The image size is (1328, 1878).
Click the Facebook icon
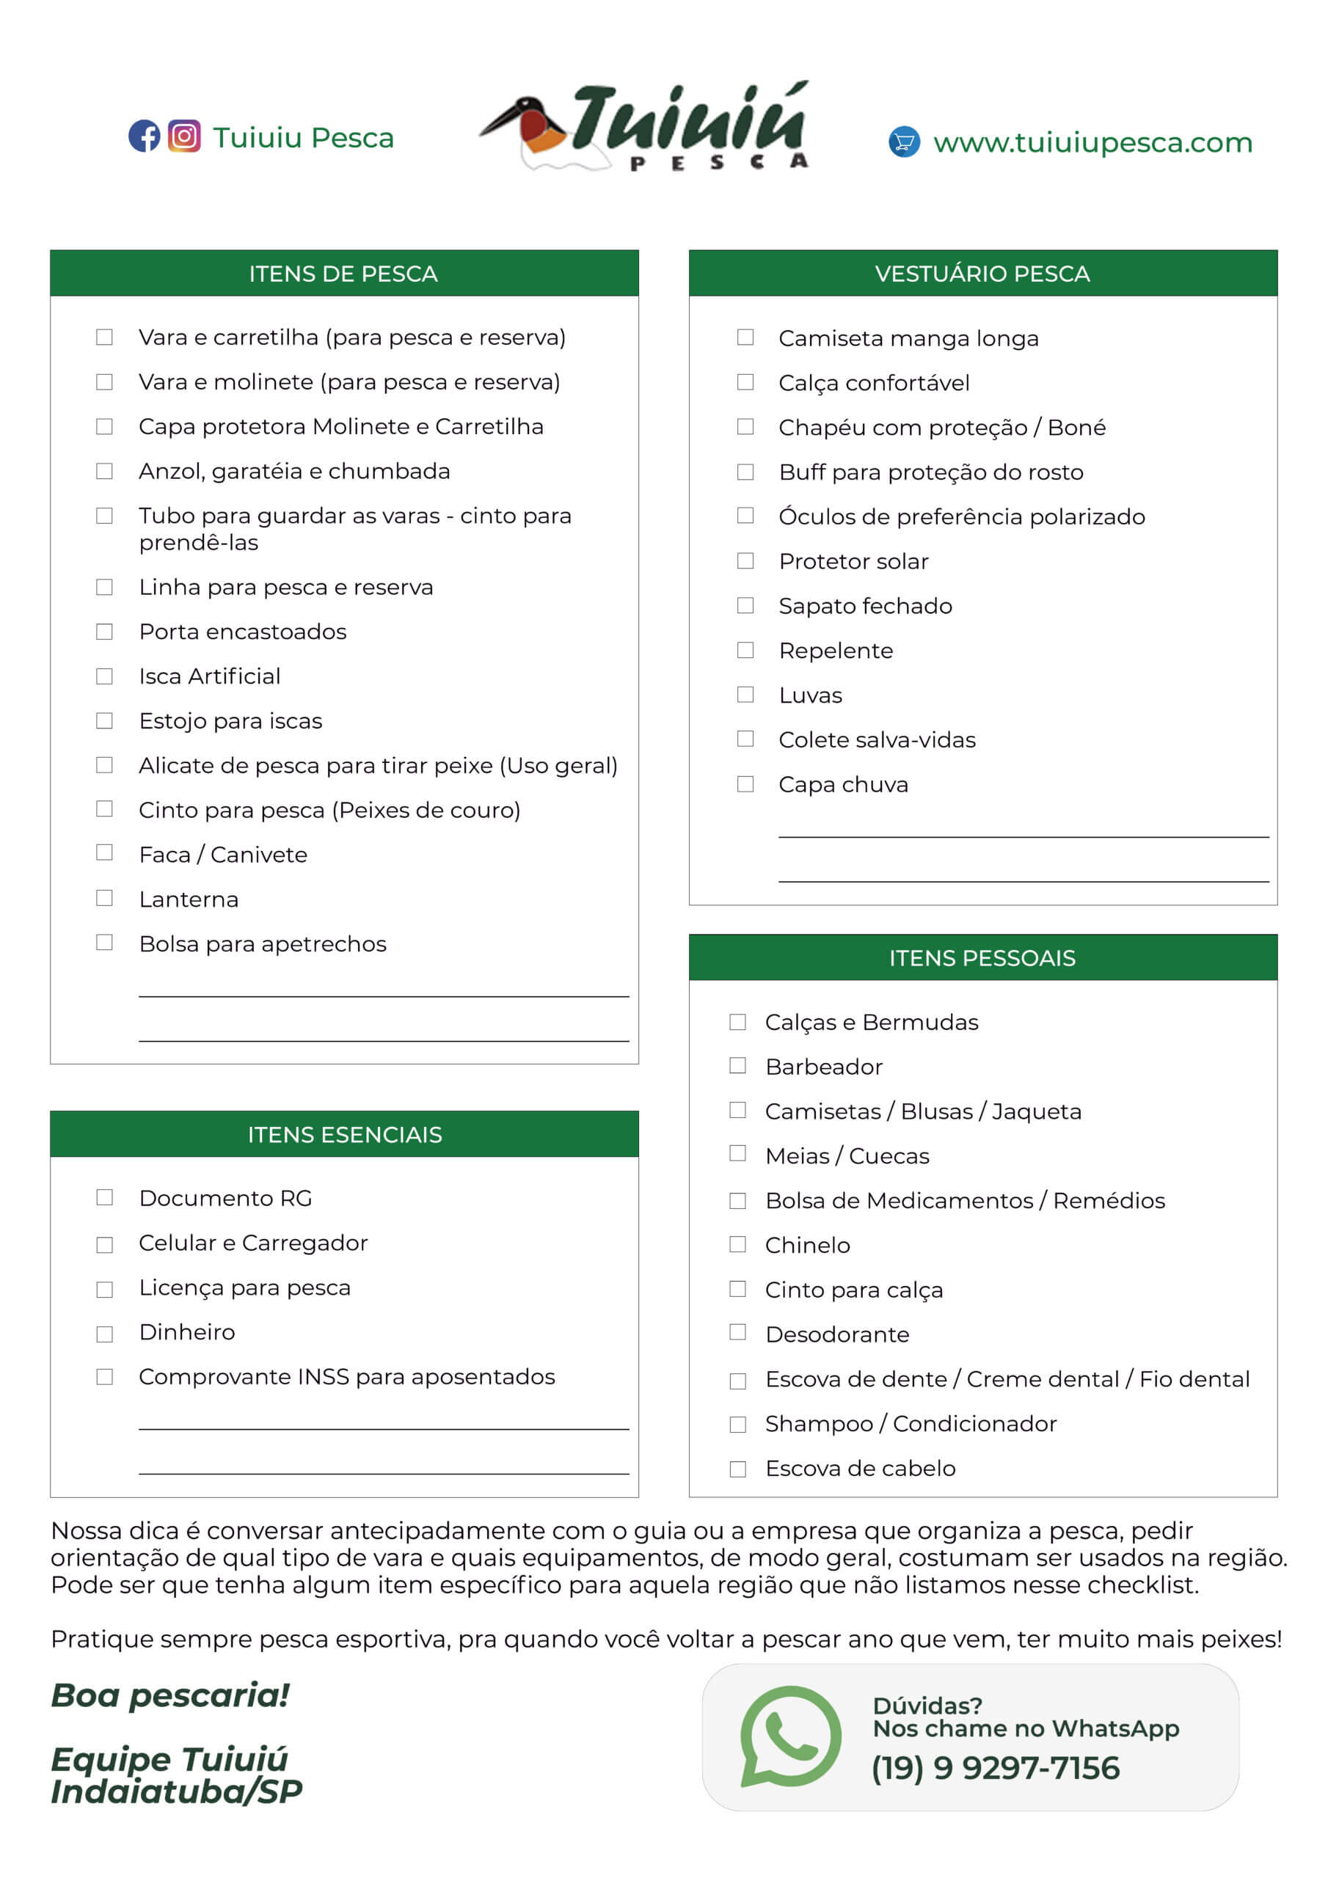click(x=144, y=136)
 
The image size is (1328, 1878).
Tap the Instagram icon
click(x=184, y=136)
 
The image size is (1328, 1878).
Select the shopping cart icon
click(x=903, y=142)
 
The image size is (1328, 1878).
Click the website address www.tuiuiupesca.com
click(x=1092, y=142)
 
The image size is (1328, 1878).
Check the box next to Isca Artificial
click(x=105, y=676)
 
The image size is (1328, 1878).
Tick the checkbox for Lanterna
click(x=105, y=898)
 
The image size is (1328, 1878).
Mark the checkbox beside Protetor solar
click(x=745, y=561)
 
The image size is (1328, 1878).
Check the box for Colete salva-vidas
click(x=745, y=739)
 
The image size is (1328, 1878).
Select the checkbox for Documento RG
click(x=105, y=1197)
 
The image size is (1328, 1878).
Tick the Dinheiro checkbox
click(x=105, y=1333)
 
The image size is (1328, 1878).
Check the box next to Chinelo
click(x=738, y=1244)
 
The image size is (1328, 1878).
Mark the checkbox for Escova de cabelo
click(x=738, y=1469)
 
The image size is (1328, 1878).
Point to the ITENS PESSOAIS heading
click(x=982, y=958)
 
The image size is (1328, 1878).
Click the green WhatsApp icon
click(x=789, y=1736)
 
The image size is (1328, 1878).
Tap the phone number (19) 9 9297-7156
click(x=995, y=1767)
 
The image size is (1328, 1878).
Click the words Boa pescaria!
click(x=170, y=1695)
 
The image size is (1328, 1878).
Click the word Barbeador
click(x=824, y=1067)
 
